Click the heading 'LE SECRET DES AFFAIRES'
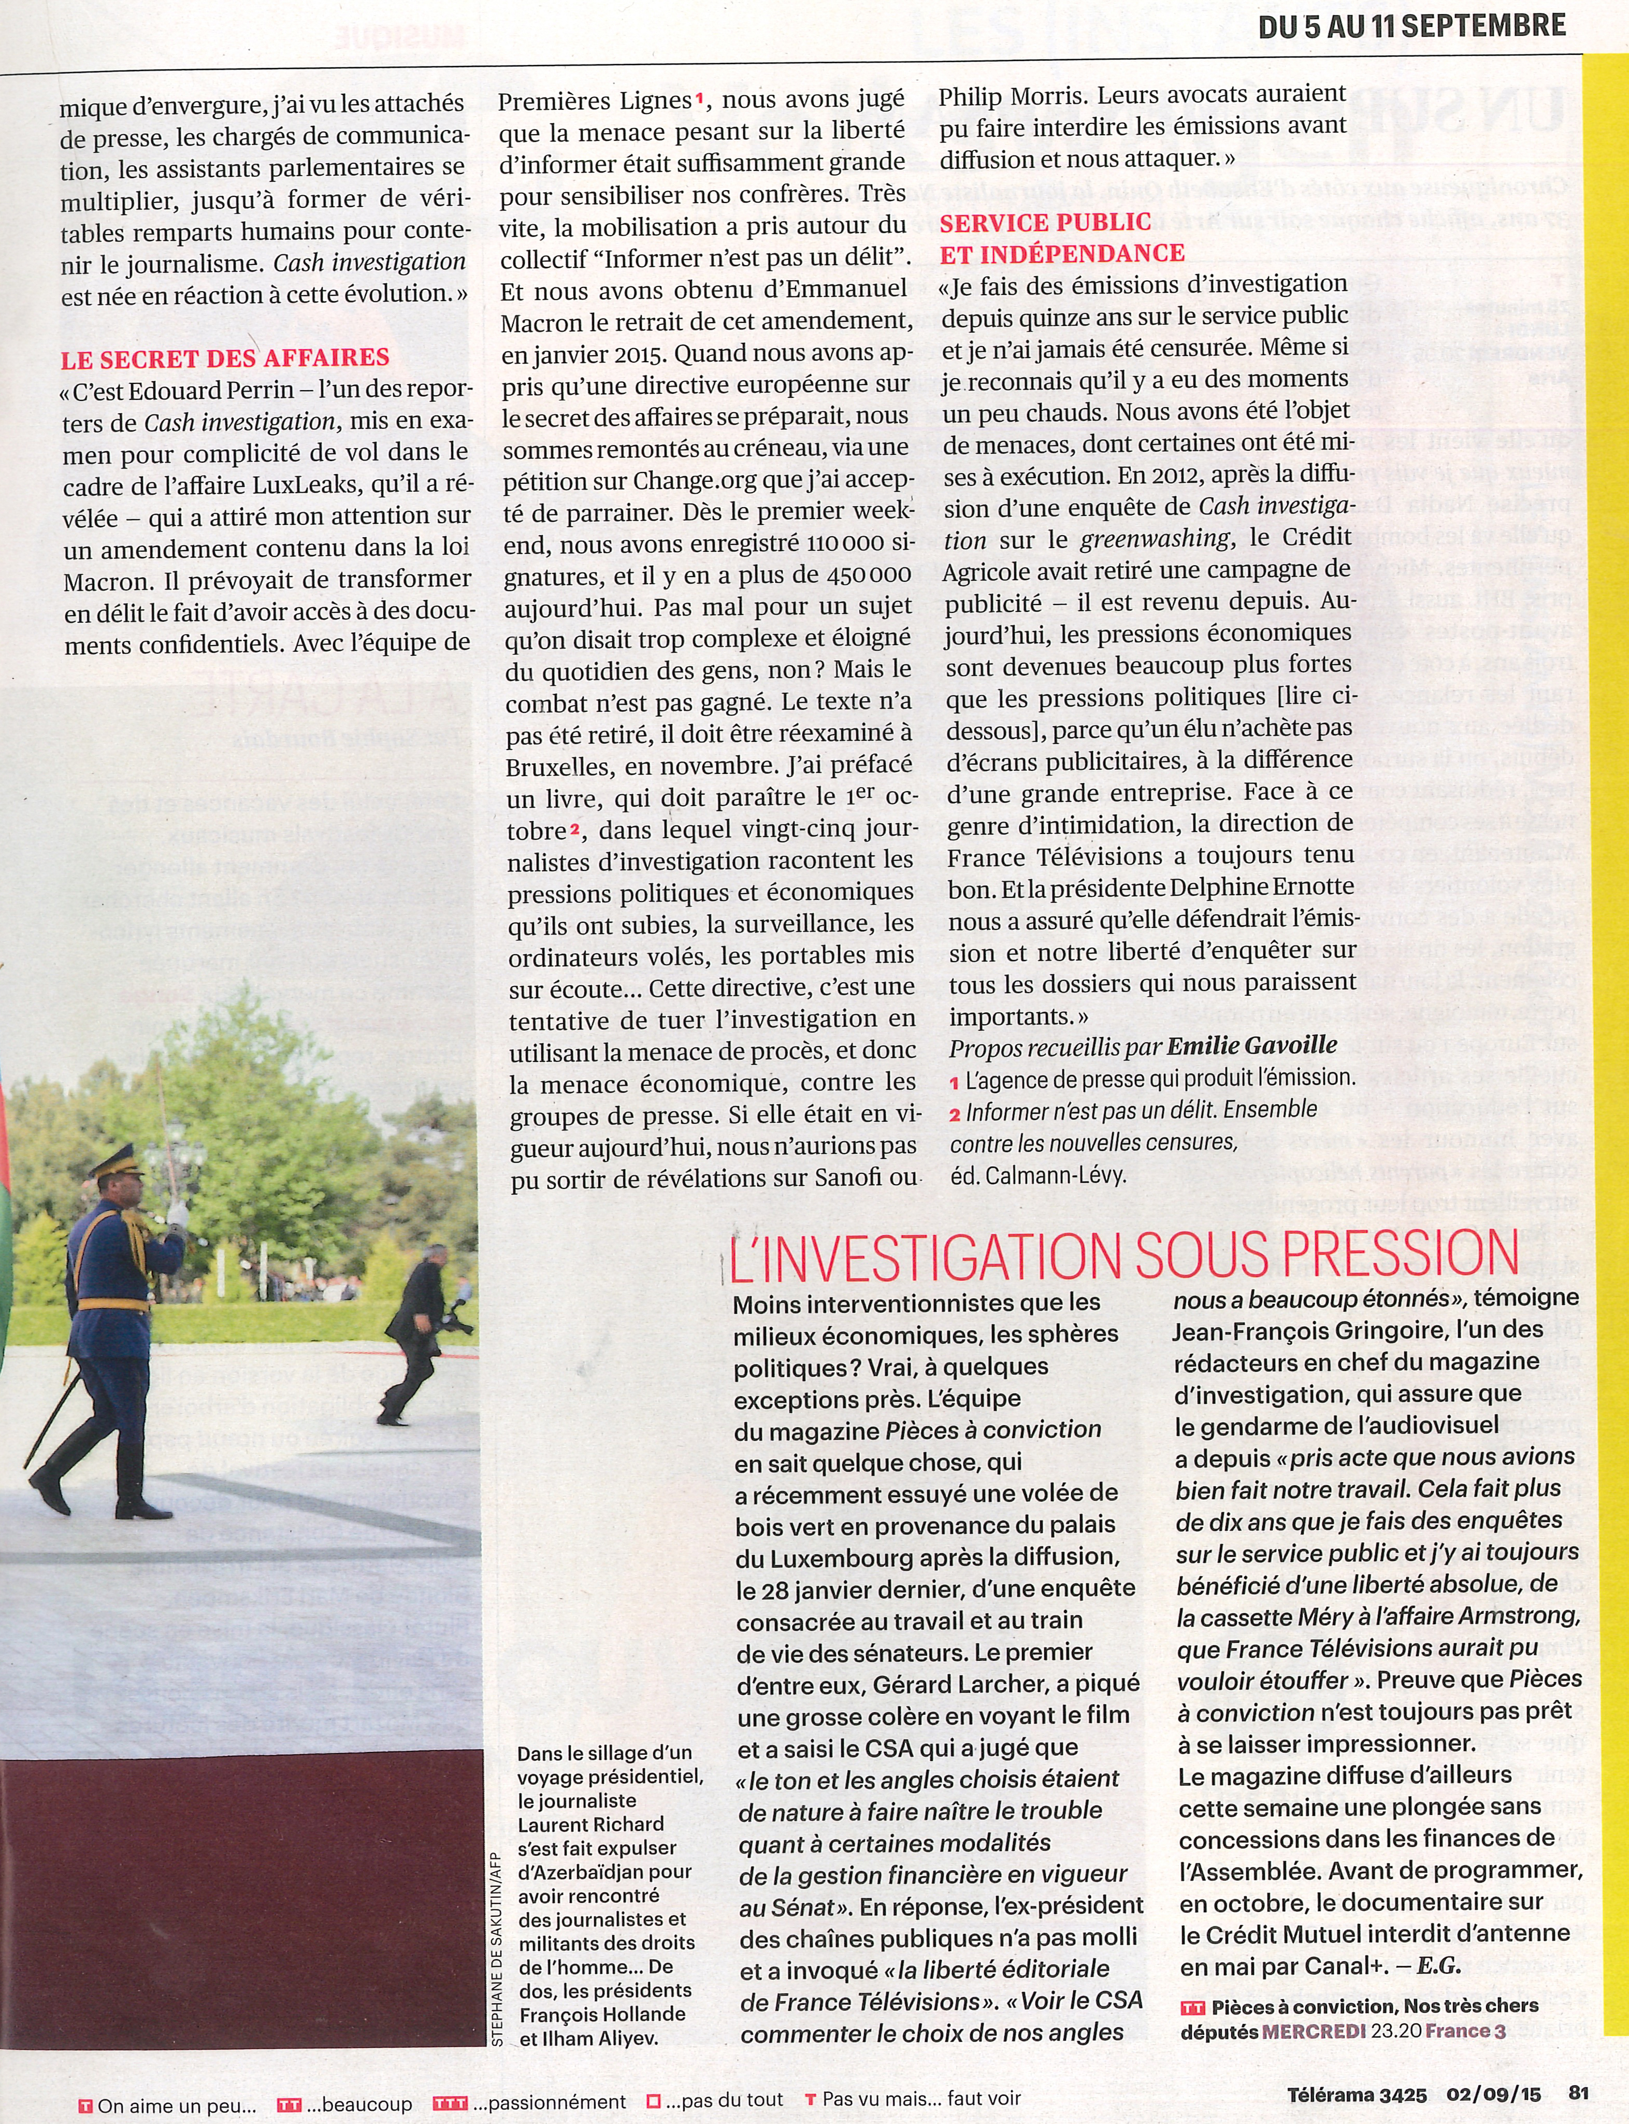point(225,358)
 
